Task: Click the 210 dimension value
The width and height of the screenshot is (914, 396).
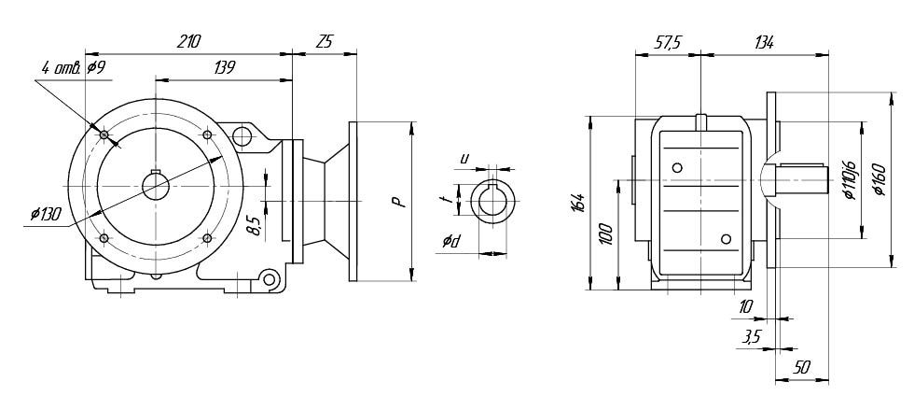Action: [x=188, y=42]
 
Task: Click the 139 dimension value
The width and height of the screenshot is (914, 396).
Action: [x=223, y=67]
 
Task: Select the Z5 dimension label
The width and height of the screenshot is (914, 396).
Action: [x=325, y=42]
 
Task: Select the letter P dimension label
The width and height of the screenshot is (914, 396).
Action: [x=397, y=200]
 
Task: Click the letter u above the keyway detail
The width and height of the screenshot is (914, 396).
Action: [x=464, y=158]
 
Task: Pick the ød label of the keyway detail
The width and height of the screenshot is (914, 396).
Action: [x=450, y=242]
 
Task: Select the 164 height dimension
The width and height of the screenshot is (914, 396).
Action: [x=579, y=202]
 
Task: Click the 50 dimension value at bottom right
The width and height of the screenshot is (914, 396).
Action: [x=800, y=368]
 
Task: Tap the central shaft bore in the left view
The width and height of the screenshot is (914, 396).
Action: [x=156, y=187]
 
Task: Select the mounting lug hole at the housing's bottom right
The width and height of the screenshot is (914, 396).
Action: [x=270, y=279]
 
